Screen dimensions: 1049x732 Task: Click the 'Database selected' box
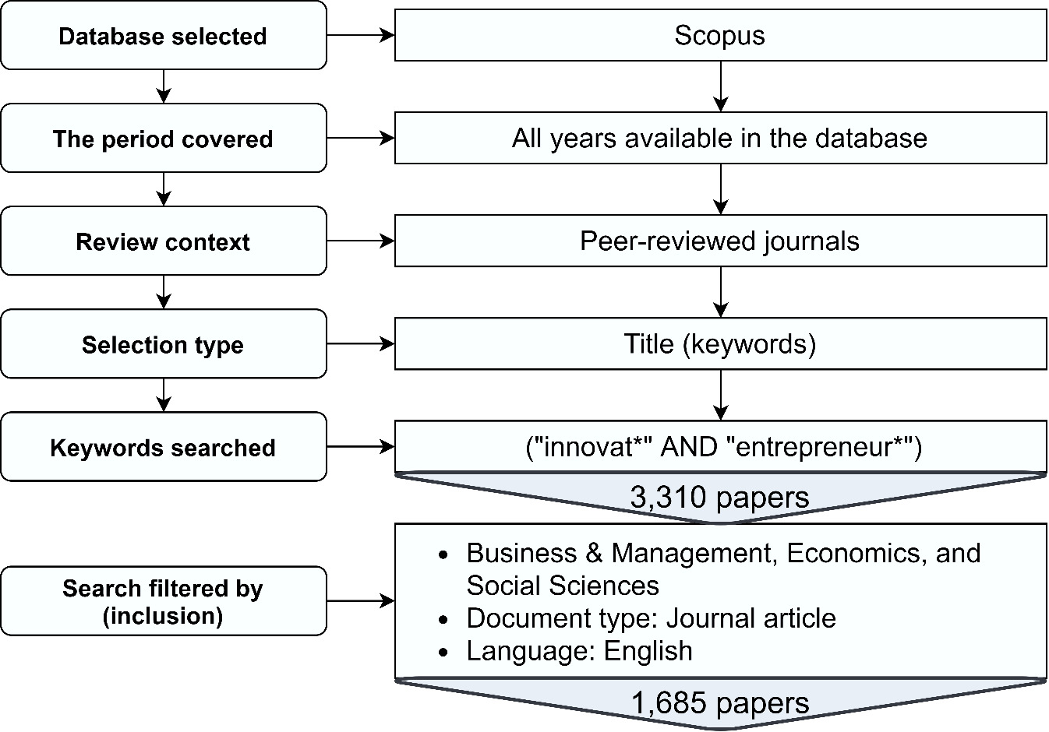click(163, 36)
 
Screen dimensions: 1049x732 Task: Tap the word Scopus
click(719, 35)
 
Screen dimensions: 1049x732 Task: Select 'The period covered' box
click(163, 139)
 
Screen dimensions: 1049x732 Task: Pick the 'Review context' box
click(163, 241)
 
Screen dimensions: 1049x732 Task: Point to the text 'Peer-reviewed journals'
click(719, 241)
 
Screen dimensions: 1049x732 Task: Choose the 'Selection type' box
click(163, 344)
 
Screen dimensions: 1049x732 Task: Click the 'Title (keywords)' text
click(719, 344)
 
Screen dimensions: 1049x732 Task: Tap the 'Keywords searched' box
click(163, 448)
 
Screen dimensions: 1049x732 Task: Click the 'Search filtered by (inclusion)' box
click(163, 601)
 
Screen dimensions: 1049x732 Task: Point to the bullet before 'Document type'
click(444, 620)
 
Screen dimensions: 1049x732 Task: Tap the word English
click(648, 651)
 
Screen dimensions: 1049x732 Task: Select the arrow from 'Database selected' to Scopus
click(360, 35)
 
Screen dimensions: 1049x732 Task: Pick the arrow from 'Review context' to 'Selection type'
click(163, 292)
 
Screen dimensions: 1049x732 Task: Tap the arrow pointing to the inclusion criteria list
click(360, 601)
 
